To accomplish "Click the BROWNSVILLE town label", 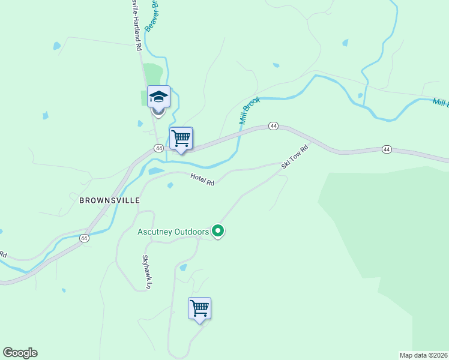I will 109,200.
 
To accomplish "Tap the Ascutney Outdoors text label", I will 173,232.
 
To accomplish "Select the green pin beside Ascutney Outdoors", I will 218,231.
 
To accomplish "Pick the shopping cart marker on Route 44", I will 181,139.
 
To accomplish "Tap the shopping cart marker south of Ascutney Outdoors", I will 199,308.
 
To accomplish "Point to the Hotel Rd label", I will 202,179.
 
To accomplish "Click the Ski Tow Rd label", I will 295,156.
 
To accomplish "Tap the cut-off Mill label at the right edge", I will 440,103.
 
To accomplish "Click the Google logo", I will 20,353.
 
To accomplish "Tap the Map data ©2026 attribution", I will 424,355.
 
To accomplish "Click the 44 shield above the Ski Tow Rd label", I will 274,126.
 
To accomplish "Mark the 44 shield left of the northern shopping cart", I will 158,148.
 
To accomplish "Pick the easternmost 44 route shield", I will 387,149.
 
